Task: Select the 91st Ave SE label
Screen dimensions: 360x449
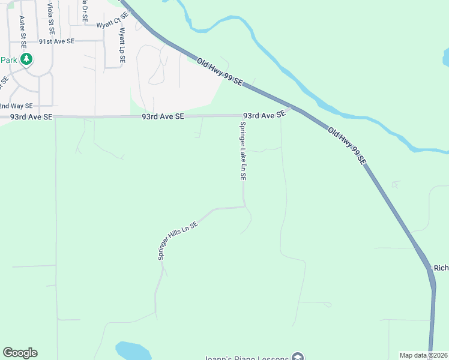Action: [56, 42]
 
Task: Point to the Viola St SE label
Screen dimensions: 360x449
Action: [52, 18]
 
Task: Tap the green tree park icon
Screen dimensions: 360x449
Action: [26, 59]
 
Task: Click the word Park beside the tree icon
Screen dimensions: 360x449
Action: [8, 60]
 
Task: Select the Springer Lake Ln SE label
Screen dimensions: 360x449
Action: [243, 151]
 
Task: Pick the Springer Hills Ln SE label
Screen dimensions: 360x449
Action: [178, 241]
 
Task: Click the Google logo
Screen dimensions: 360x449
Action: [20, 353]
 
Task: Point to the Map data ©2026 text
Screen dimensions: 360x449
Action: [423, 355]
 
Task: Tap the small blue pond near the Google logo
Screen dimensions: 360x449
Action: [133, 350]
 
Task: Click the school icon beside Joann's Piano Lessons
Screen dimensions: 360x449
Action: [297, 357]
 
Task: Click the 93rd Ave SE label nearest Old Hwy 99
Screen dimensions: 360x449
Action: [263, 115]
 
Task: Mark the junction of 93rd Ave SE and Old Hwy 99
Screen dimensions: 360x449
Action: [291, 109]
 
